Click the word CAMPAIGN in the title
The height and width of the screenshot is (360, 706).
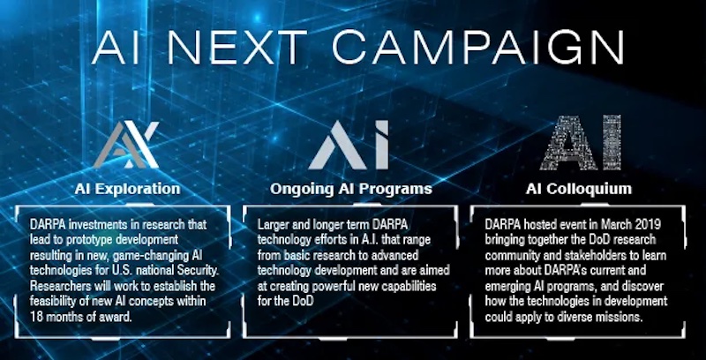tap(477, 47)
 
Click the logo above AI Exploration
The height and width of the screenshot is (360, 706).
tap(126, 145)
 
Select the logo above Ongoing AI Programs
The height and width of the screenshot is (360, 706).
tap(349, 145)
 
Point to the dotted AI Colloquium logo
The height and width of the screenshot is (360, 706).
tap(581, 143)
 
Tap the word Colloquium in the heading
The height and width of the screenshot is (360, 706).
tap(589, 189)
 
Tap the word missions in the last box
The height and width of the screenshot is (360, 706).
tap(620, 317)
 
